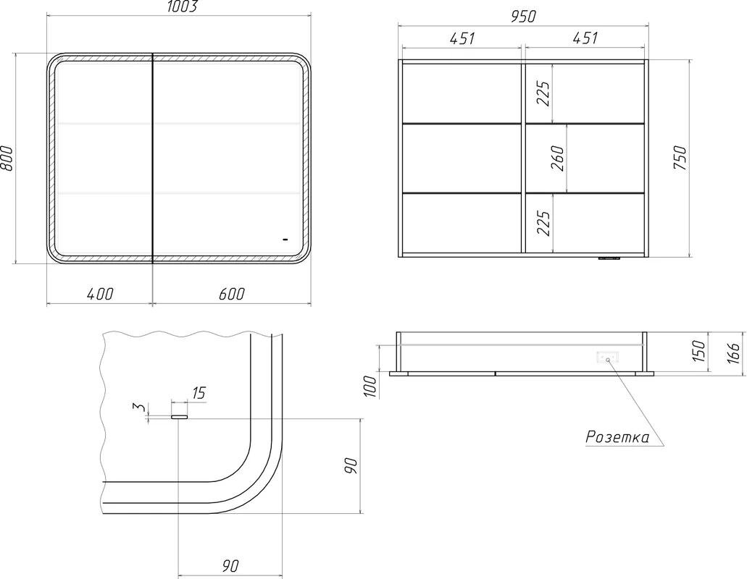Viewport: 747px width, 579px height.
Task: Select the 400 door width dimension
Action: (x=101, y=294)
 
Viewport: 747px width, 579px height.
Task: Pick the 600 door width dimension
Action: (x=232, y=294)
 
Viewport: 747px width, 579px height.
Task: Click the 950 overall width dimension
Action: (x=524, y=17)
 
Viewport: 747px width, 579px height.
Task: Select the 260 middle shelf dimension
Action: (x=557, y=159)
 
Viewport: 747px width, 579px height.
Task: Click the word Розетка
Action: (x=617, y=436)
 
